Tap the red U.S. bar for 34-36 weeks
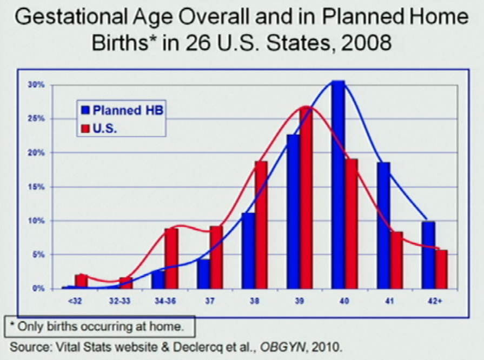click(171, 258)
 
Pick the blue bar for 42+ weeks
click(429, 255)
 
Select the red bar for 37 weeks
click(216, 257)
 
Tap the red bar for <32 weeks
click(81, 281)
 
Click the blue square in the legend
click(85, 110)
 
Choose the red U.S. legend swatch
click(85, 130)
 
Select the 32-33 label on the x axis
click(124, 301)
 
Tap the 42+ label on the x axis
click(435, 301)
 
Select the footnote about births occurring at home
click(99, 326)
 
